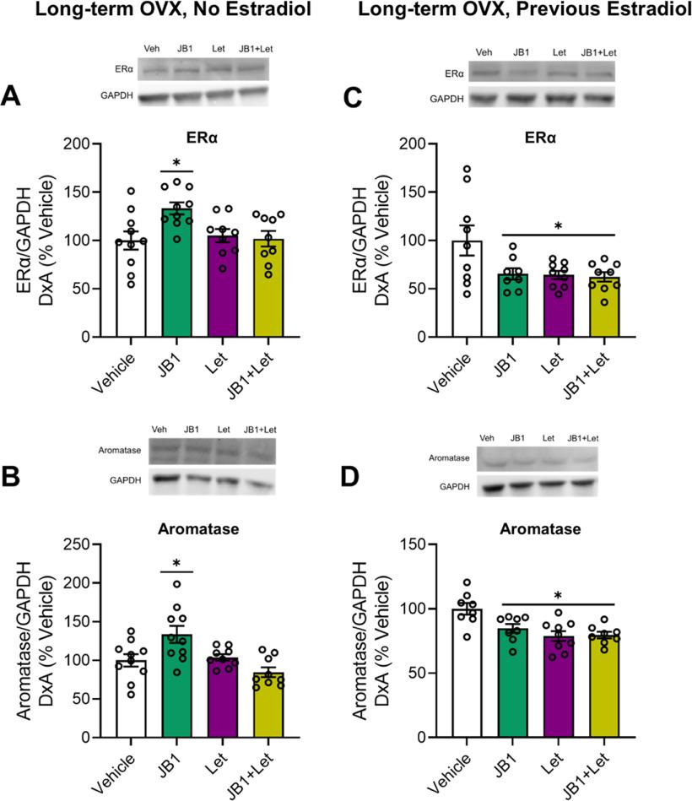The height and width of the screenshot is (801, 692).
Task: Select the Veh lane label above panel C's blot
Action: click(484, 52)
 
